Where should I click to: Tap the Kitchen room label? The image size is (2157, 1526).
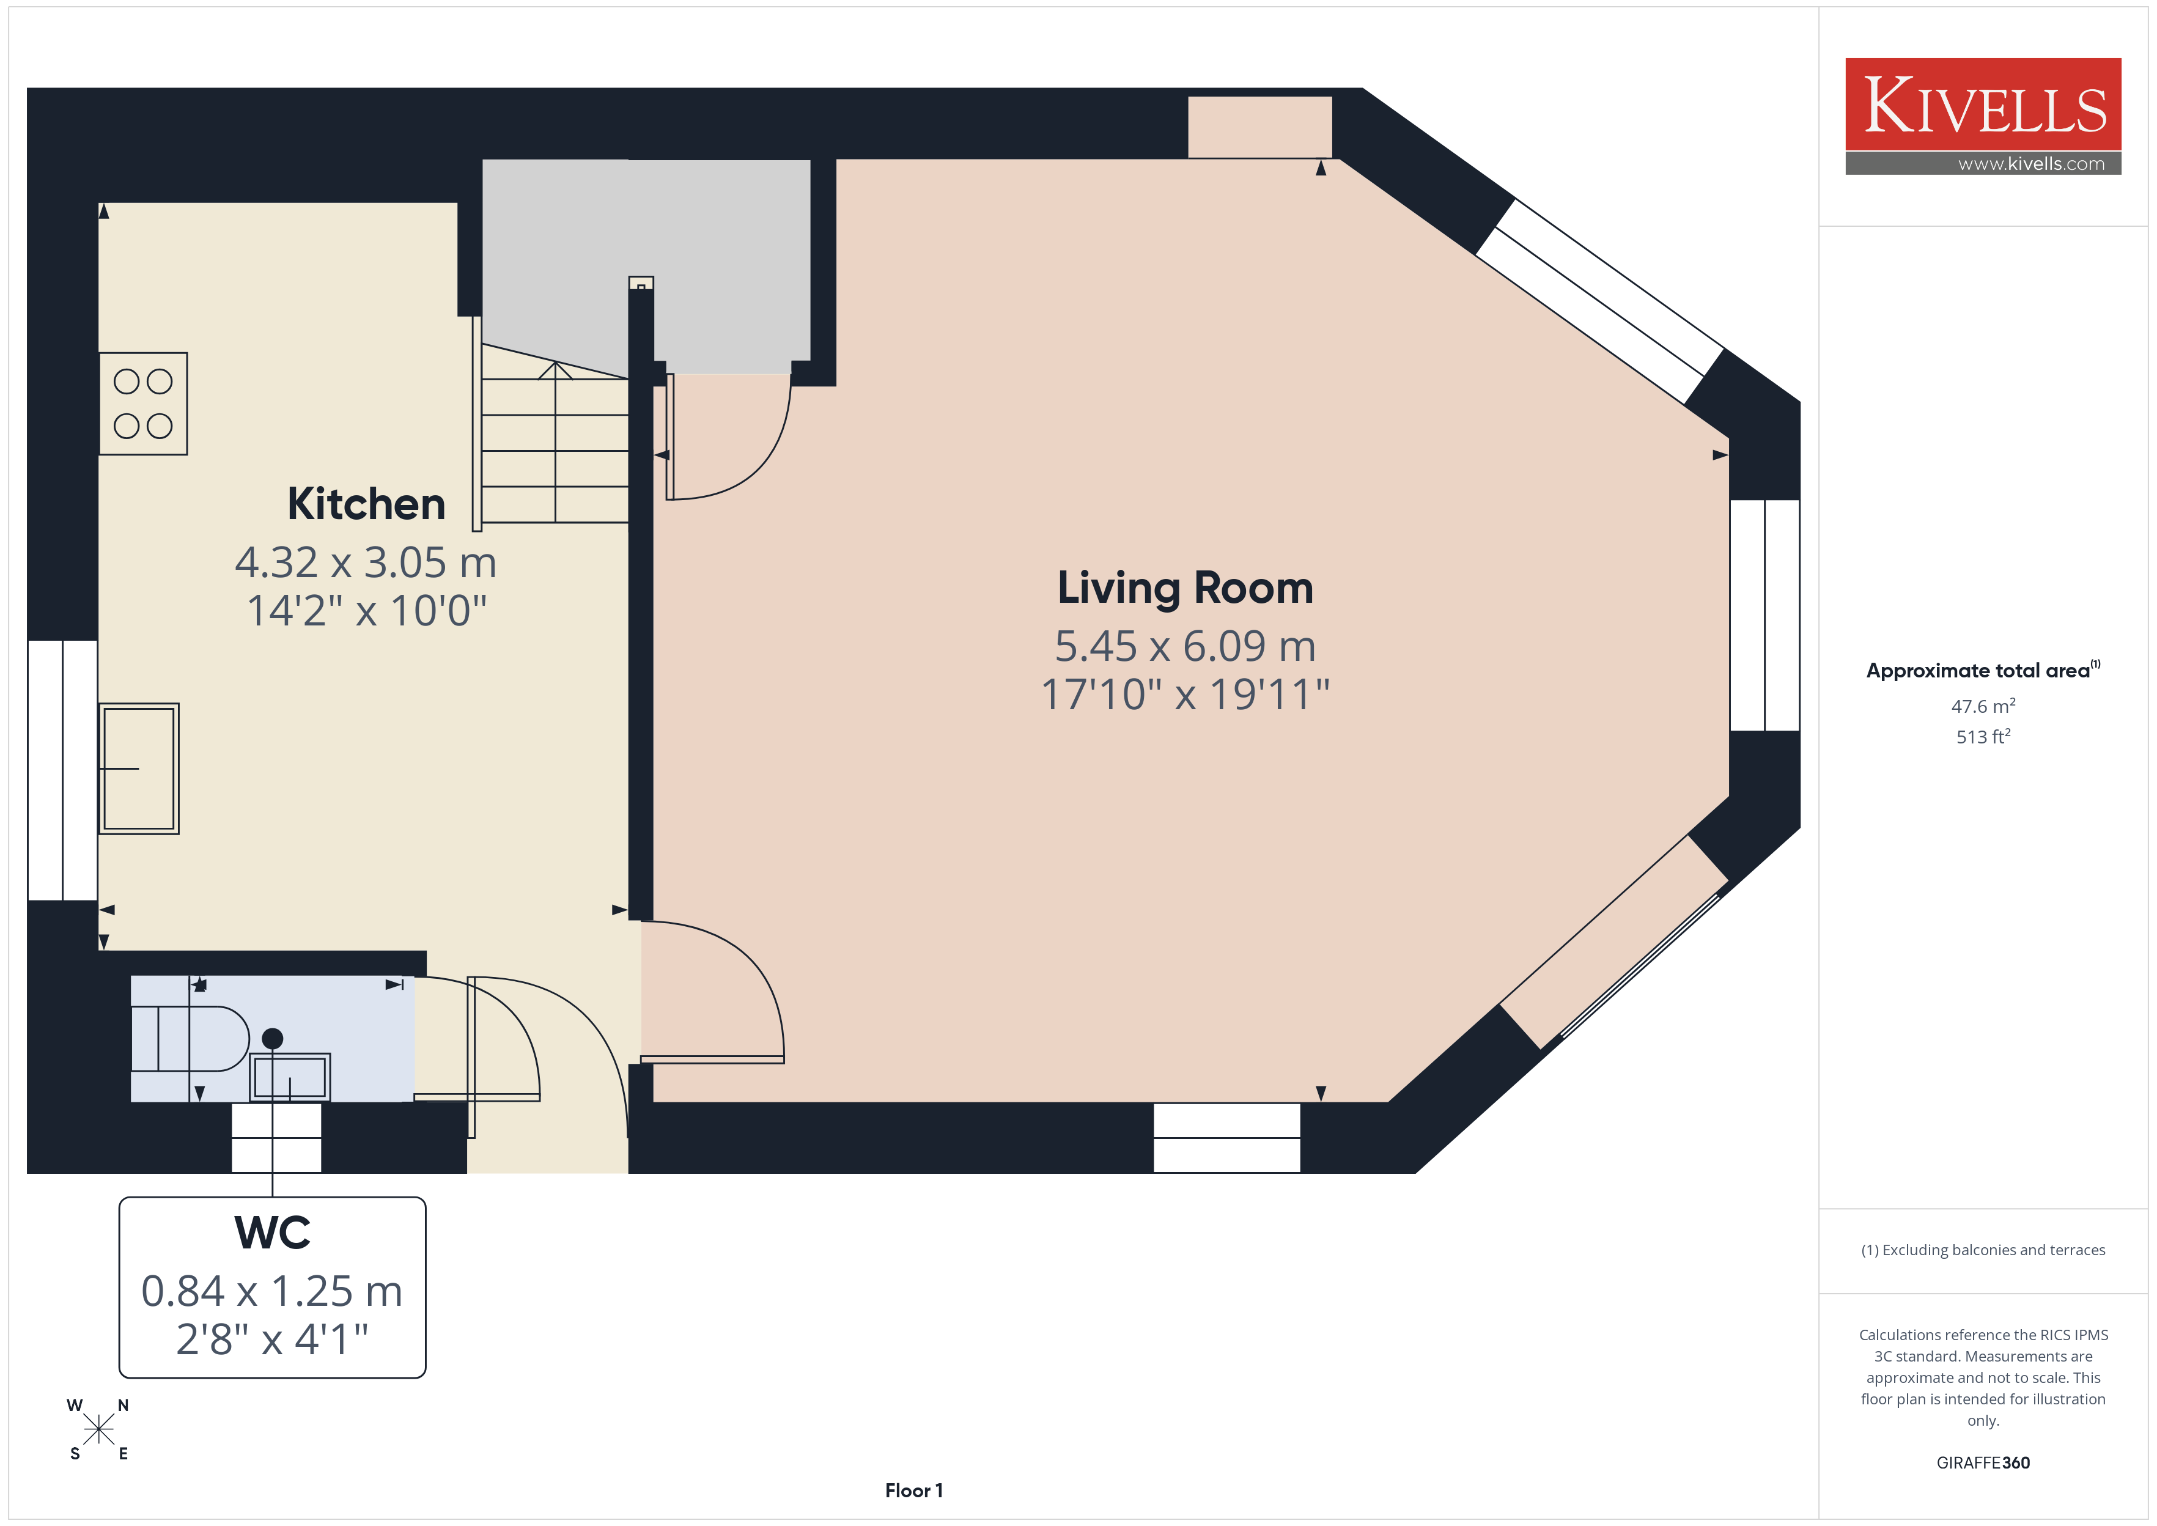(366, 504)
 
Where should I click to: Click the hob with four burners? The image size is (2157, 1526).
(144, 404)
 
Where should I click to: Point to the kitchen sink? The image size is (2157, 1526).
(139, 769)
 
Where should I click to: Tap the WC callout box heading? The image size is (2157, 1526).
(273, 1232)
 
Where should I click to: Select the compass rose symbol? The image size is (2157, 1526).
(98, 1430)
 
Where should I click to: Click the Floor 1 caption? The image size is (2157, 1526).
(913, 1491)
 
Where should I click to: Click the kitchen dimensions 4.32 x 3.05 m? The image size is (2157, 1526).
(366, 563)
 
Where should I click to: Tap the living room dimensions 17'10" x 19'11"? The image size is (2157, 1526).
(1185, 695)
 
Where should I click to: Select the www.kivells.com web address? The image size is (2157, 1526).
(2031, 163)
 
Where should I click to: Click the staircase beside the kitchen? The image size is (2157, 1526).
(555, 441)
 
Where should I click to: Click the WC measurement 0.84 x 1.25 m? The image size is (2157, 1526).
(273, 1291)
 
